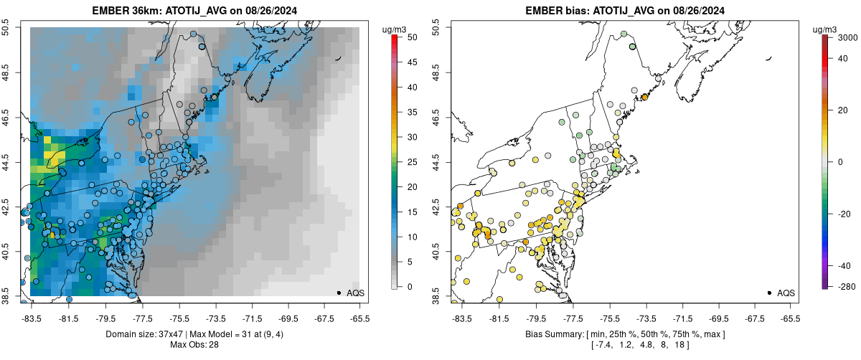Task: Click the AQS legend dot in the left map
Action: tap(339, 293)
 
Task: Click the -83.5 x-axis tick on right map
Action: tap(461, 318)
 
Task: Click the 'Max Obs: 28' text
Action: tap(194, 345)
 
